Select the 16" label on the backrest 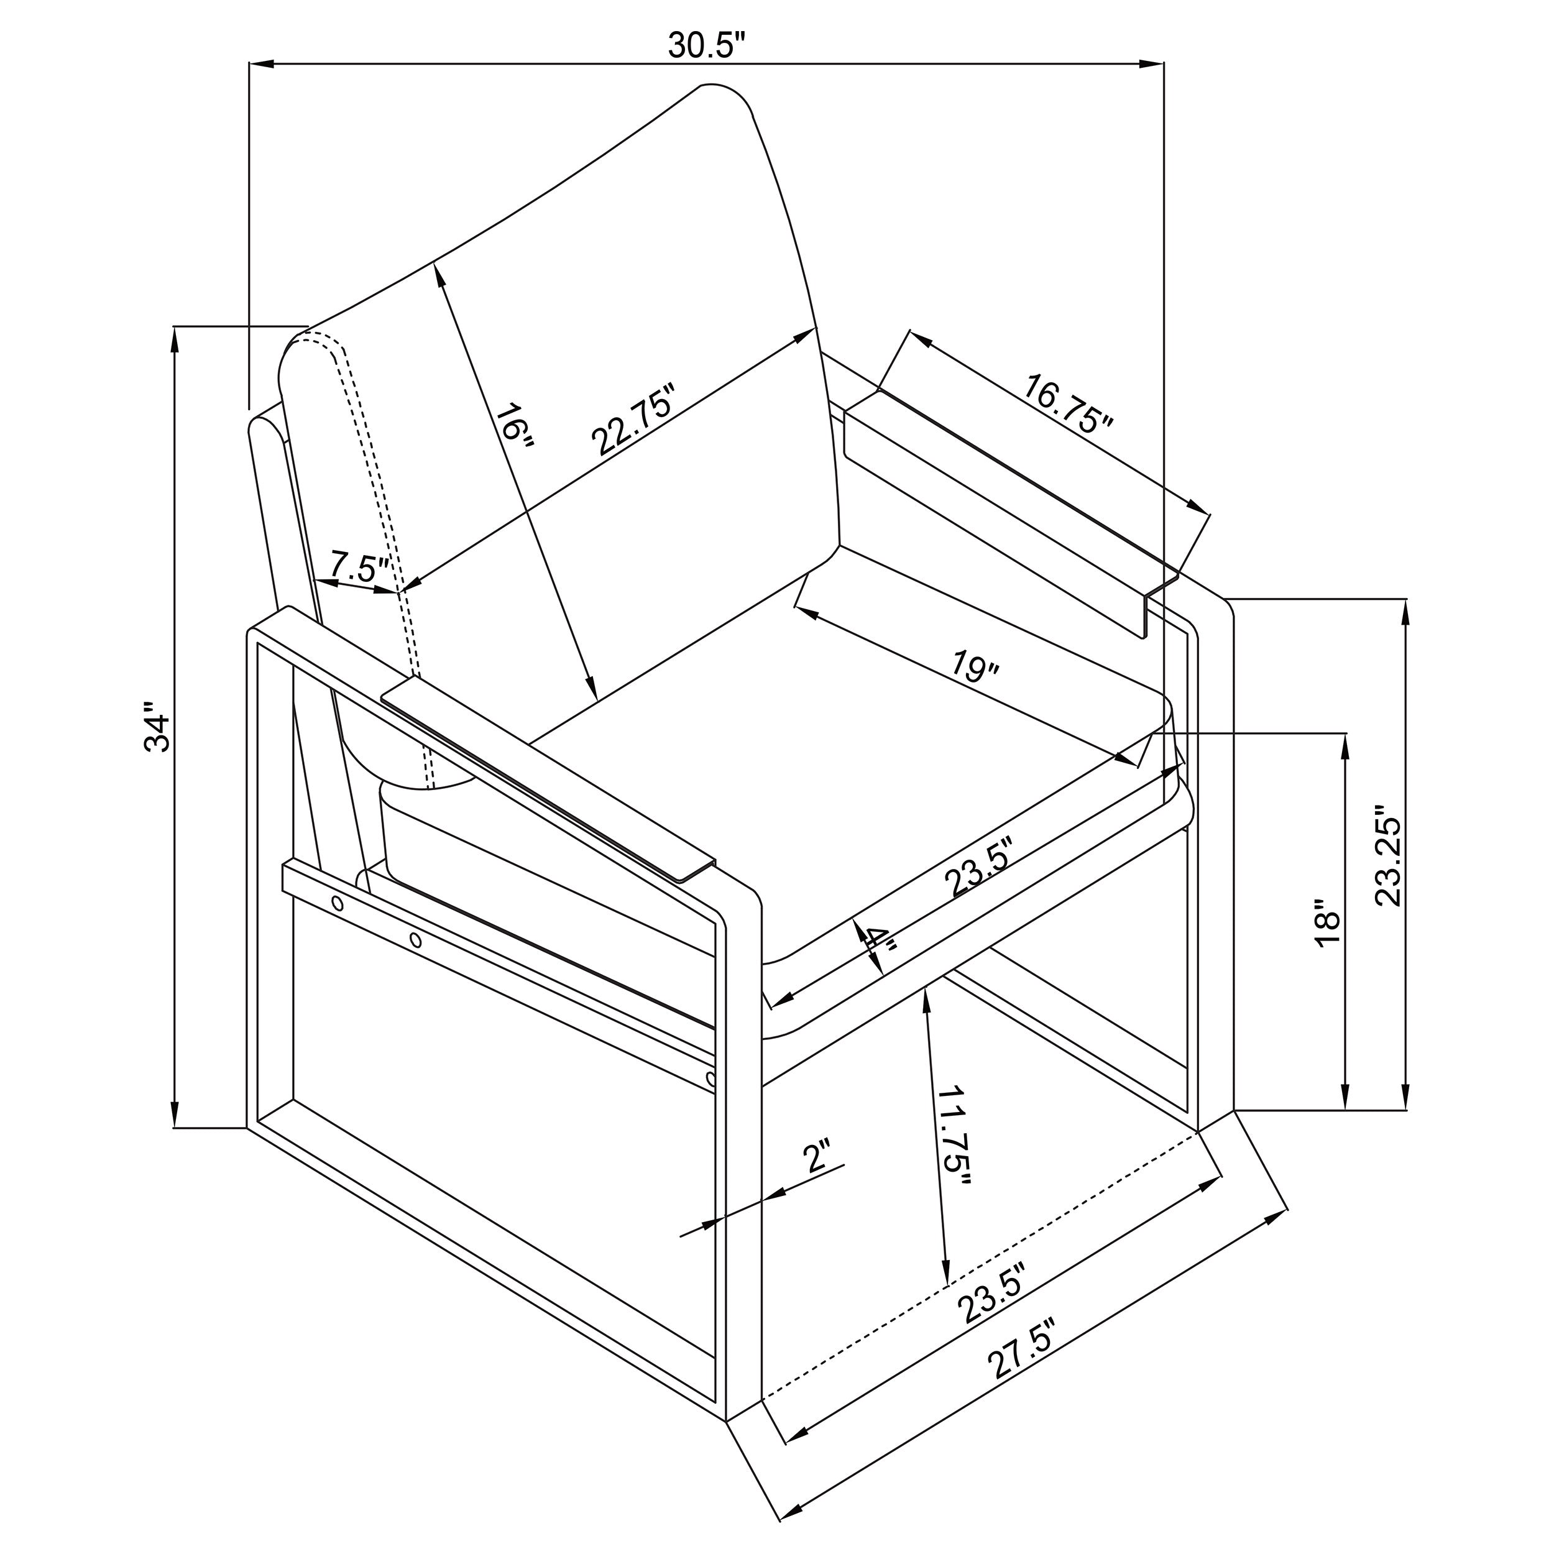[515, 432]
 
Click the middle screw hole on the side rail [415, 939]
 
